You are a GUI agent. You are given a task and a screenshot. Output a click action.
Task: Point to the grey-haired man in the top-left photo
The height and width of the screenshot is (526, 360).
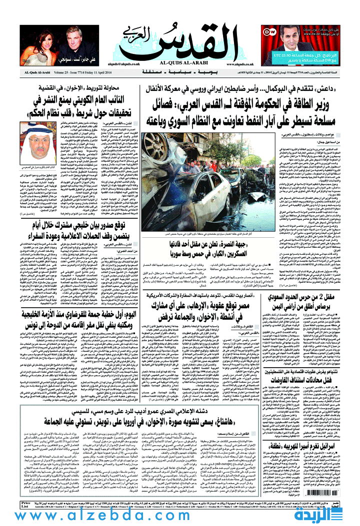click(73, 40)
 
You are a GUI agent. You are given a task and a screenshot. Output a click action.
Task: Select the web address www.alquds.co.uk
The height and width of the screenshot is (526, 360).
click(239, 64)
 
